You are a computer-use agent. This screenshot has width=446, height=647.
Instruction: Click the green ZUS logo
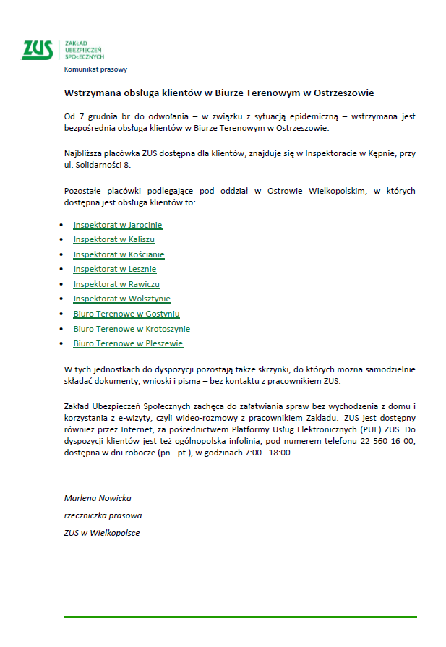click(37, 49)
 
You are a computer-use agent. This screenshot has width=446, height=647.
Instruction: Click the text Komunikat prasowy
click(95, 69)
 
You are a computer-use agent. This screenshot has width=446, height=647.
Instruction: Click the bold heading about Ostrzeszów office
click(219, 93)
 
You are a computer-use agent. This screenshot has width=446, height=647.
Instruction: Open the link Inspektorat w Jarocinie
click(118, 225)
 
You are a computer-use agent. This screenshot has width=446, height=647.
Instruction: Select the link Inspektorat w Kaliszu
click(113, 239)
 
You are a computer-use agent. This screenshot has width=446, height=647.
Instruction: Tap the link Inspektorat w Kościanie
click(119, 254)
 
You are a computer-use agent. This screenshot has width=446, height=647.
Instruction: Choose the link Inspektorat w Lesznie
click(114, 269)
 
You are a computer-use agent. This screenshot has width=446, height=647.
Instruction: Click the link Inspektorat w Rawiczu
click(116, 284)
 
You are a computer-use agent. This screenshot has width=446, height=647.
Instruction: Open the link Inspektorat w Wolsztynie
click(121, 299)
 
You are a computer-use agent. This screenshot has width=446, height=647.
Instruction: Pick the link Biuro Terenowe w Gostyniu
click(126, 314)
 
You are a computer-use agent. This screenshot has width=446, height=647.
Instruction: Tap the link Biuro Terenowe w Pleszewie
click(128, 343)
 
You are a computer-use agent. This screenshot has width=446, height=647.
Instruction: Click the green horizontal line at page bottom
click(240, 617)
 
